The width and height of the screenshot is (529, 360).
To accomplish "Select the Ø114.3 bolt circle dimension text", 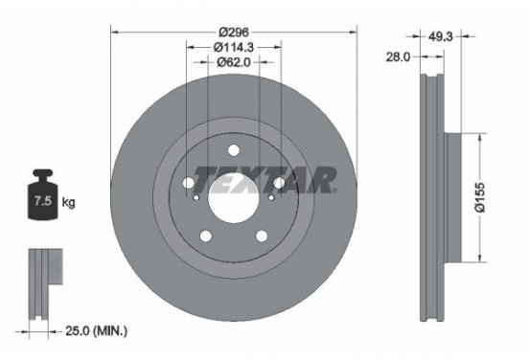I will [234, 46].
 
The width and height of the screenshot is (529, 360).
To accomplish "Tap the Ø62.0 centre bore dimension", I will [234, 62].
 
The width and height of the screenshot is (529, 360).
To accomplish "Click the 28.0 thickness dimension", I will [397, 57].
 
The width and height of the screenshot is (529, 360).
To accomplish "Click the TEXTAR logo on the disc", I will [264, 178].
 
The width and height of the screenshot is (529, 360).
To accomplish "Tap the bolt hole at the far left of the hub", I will [188, 183].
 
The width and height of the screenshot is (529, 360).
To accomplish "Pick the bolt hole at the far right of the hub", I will [280, 183].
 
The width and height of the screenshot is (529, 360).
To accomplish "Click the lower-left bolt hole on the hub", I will [205, 236].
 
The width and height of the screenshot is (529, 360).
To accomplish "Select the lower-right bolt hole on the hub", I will [263, 236].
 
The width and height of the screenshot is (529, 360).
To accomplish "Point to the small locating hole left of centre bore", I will [196, 197].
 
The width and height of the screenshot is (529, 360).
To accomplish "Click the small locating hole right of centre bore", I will [271, 197].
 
